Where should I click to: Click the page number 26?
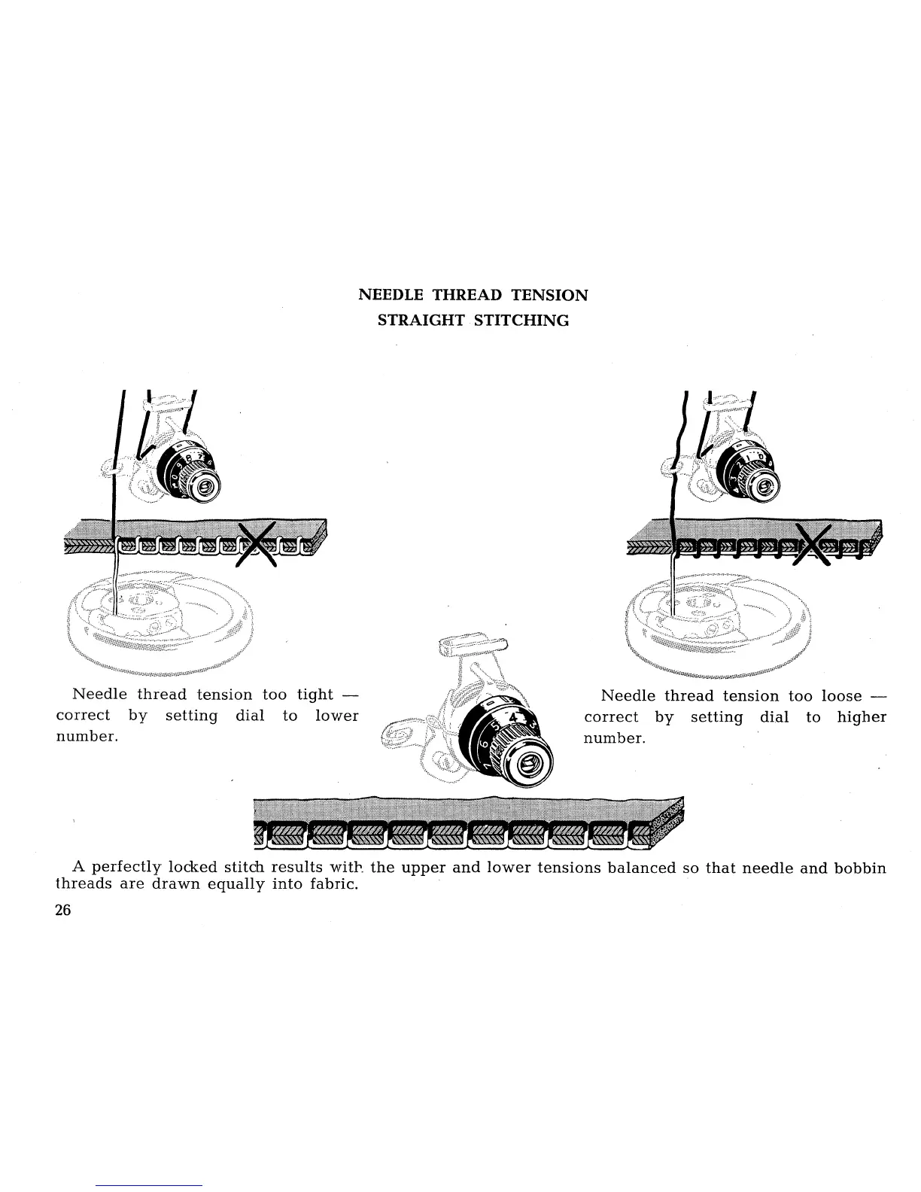[62, 910]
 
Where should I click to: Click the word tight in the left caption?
[315, 694]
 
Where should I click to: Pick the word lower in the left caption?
[336, 715]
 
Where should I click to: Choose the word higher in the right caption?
[862, 717]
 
